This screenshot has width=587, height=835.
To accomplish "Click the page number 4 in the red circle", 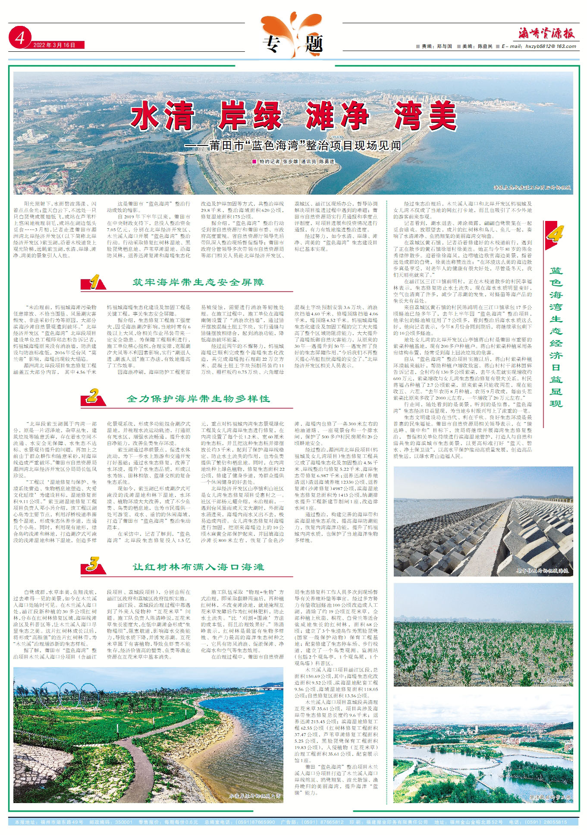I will coord(20,39).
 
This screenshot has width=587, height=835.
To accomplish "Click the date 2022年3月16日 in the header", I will coord(54,45).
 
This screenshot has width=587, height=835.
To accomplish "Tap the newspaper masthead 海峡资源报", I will coord(546,33).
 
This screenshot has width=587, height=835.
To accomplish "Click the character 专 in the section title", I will coord(272,44).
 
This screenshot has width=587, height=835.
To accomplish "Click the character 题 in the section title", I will coord(314,44).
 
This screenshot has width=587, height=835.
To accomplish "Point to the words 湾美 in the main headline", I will coord(425,116).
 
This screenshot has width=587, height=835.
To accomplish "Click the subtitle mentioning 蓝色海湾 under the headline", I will coord(293,145).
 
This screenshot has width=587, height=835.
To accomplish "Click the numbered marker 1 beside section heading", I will coord(94,282).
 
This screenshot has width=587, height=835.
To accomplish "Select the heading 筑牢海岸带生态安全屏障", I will coord(198,282).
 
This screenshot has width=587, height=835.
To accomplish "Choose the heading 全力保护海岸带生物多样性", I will coord(198,398).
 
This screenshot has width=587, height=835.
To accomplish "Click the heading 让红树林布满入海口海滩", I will coord(198,567).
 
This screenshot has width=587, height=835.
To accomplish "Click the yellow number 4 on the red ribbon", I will coord(555,233).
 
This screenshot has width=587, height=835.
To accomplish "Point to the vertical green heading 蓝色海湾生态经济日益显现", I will coord(556,337).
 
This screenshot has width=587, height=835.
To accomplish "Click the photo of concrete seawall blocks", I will coord(483,521).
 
